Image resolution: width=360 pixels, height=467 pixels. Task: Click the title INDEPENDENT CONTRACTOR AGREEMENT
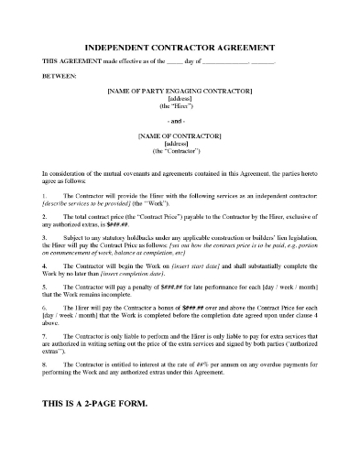[x=180, y=46]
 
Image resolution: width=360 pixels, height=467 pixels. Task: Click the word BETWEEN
[x=59, y=77]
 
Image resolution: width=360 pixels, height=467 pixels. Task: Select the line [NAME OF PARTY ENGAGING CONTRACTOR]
[x=180, y=92]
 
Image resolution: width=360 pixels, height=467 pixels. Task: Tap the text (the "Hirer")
[x=180, y=108]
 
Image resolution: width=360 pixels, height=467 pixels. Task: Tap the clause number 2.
[x=44, y=217]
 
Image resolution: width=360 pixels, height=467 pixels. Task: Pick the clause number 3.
[x=44, y=237]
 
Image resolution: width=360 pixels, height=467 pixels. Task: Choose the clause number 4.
[x=44, y=265]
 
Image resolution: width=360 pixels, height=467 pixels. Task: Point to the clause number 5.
[x=44, y=286]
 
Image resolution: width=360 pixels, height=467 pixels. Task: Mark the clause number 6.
[x=44, y=307]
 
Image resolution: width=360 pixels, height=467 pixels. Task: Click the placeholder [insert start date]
[x=200, y=265]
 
